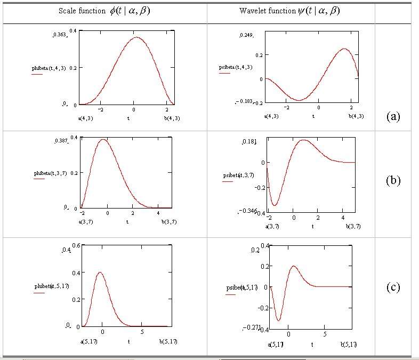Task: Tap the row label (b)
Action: (393, 180)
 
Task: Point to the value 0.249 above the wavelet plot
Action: (246, 35)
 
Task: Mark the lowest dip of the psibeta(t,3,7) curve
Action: (275, 205)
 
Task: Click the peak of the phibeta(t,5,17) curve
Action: (100, 273)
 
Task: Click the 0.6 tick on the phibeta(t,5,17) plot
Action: (76, 245)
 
